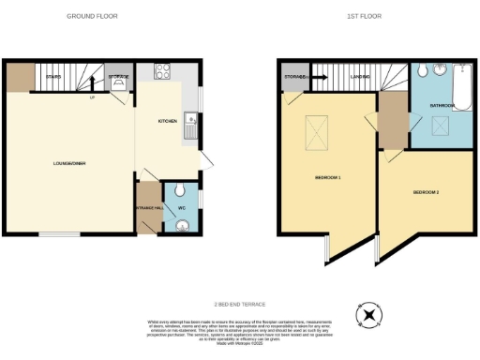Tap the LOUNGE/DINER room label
click(69, 163)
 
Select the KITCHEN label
click(167, 122)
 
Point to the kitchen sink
click(190, 119)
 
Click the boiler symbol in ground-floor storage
click(119, 83)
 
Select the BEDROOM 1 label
click(328, 177)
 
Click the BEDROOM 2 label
click(426, 192)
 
